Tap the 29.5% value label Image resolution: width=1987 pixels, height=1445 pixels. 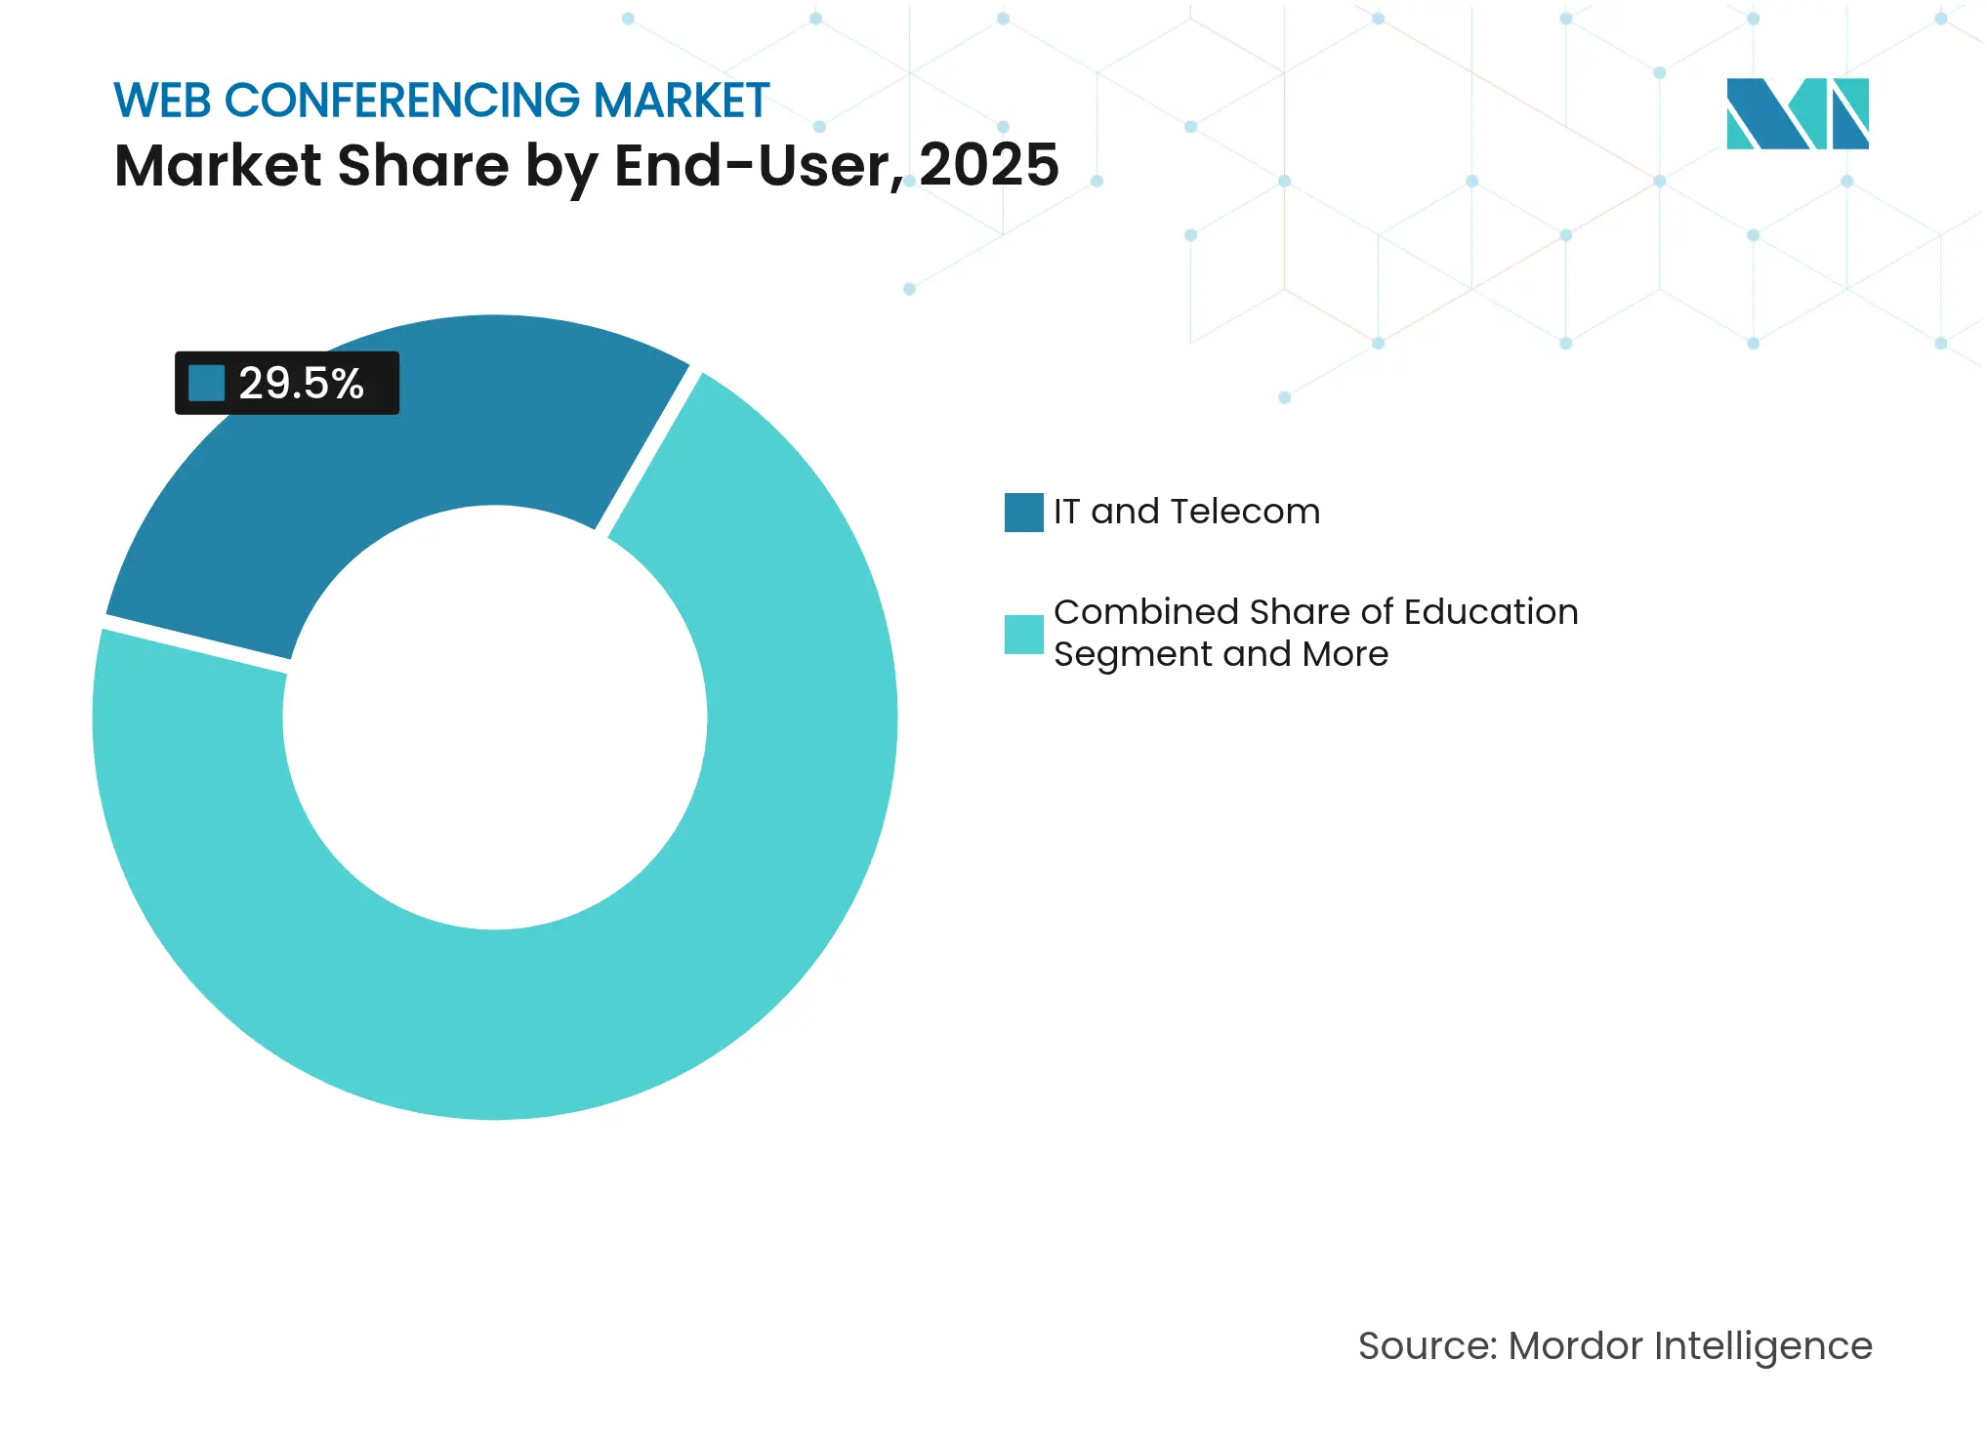(x=301, y=383)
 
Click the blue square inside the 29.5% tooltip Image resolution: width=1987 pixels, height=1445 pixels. (x=206, y=383)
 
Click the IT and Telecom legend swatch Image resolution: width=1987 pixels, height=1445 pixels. (x=1023, y=512)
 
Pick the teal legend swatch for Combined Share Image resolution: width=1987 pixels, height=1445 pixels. (x=1023, y=634)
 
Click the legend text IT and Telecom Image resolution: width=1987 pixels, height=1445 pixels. (x=1186, y=512)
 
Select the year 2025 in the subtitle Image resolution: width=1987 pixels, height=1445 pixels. (x=988, y=165)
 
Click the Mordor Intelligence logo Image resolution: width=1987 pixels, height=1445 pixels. (x=1797, y=113)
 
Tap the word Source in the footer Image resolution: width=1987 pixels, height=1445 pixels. (x=1426, y=1345)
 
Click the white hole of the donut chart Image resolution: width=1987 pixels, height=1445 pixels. (x=495, y=718)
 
